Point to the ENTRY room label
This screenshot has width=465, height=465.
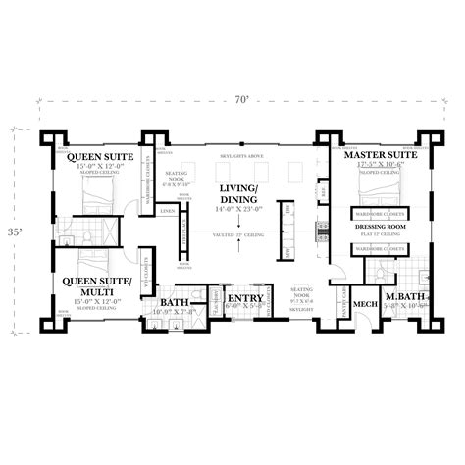(x=244, y=298)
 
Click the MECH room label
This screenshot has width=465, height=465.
(x=366, y=303)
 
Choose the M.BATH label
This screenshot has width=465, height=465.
(x=403, y=297)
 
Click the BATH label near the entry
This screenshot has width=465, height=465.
(x=176, y=303)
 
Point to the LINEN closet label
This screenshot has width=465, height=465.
(x=167, y=211)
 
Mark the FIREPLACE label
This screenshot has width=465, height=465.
(x=186, y=235)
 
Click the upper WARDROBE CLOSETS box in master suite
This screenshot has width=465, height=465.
(x=379, y=212)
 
